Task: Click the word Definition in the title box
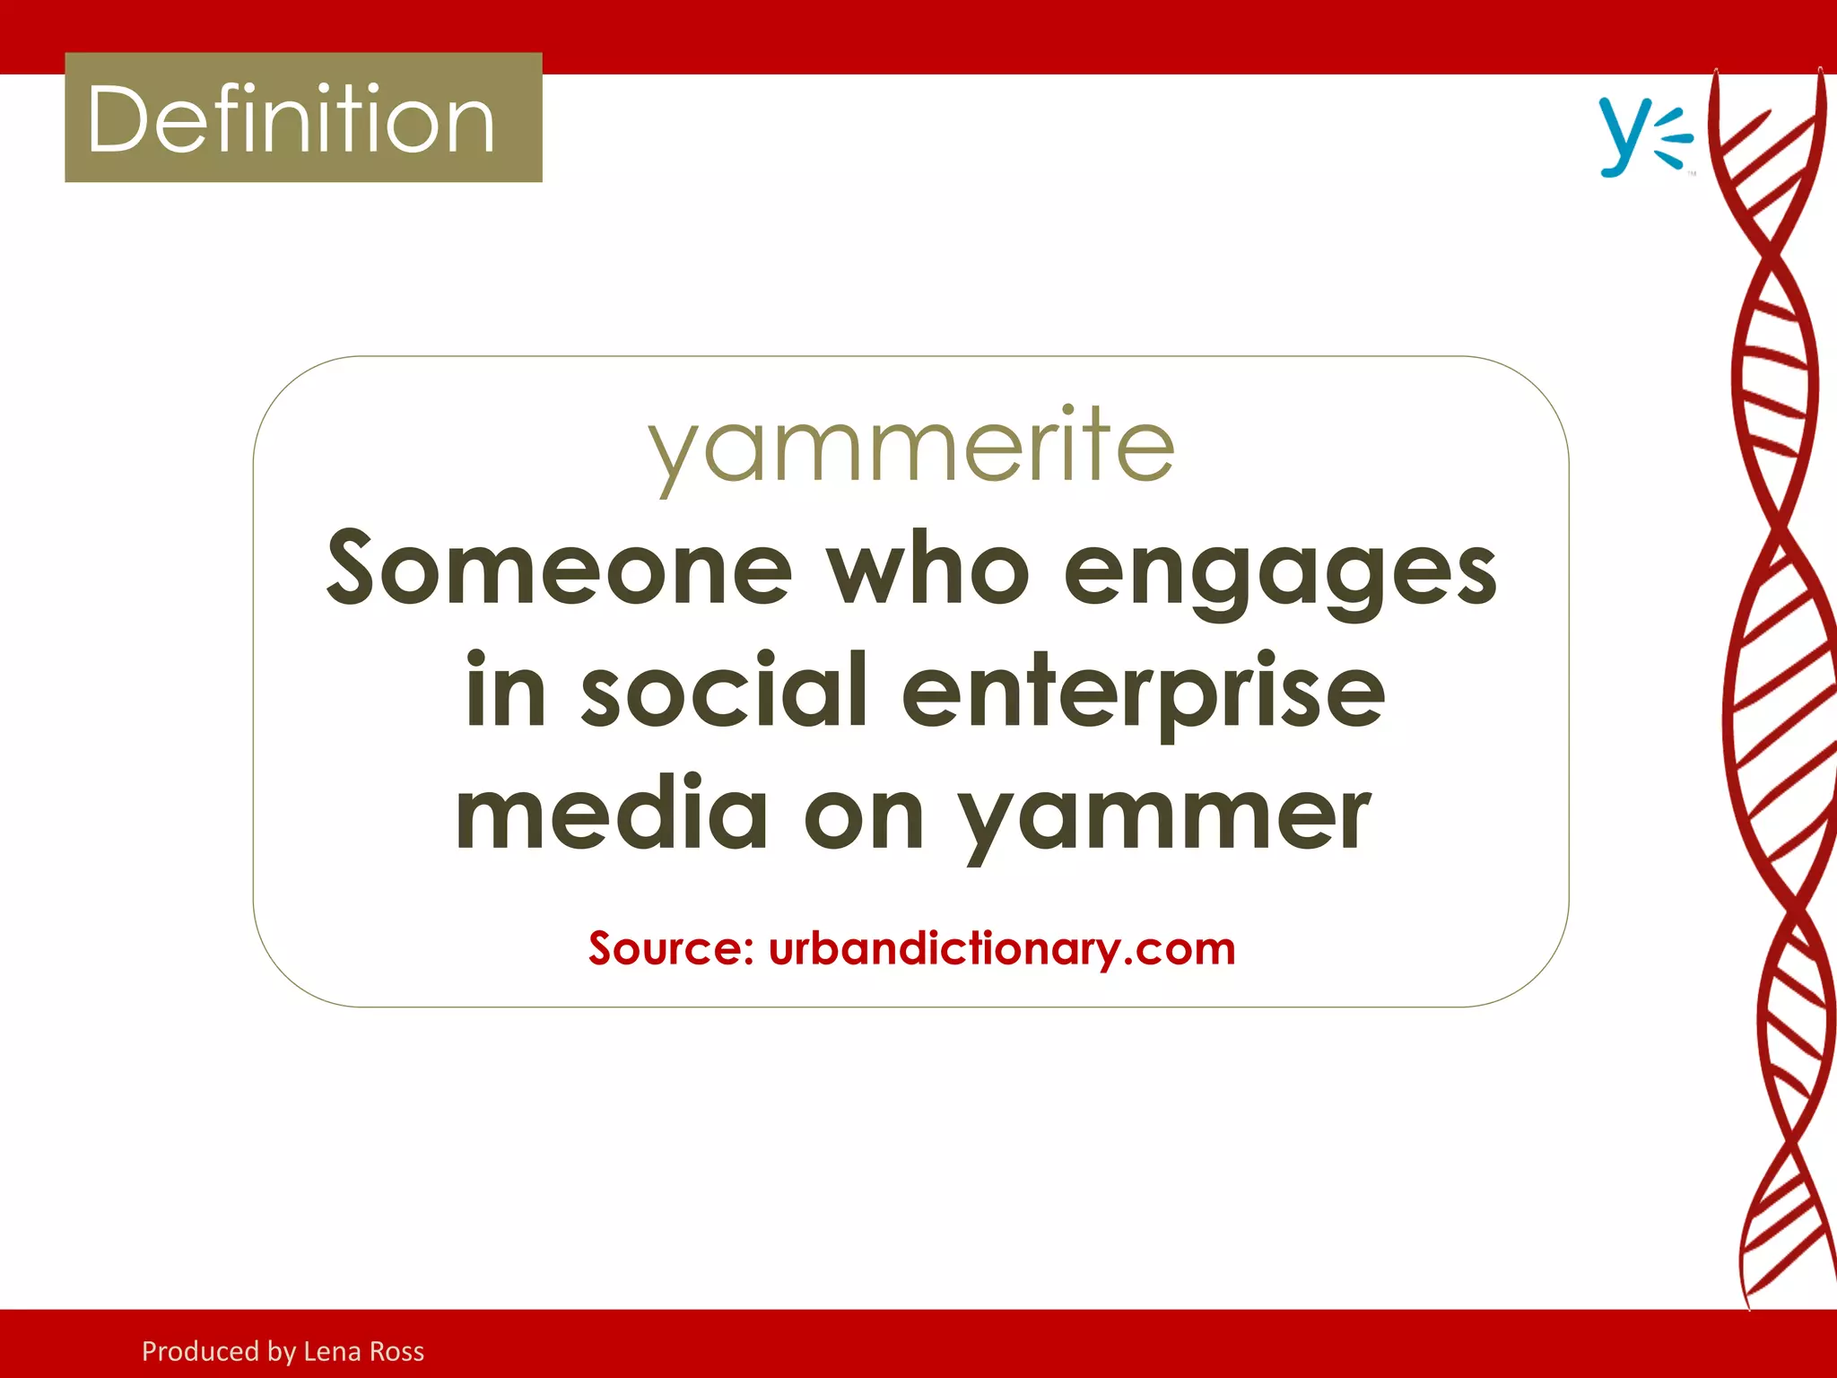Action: click(x=292, y=119)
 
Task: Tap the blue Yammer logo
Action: click(x=1645, y=137)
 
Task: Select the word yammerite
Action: click(x=910, y=446)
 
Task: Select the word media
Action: click(x=612, y=814)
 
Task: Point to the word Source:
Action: click(x=671, y=948)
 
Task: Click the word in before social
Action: click(x=506, y=691)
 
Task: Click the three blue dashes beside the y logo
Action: click(x=1672, y=139)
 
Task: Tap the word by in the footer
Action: click(x=281, y=1352)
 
